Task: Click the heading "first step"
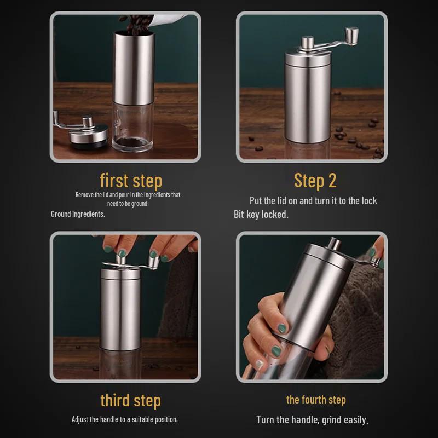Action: point(131,180)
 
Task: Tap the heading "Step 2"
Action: point(315,180)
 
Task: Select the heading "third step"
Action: point(130,400)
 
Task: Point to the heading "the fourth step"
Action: point(316,400)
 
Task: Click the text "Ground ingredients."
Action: point(78,214)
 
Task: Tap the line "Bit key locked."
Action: point(261,215)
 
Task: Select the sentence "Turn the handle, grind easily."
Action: point(312,420)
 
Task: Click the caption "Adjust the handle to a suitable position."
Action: point(125,419)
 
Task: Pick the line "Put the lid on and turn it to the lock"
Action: point(313,201)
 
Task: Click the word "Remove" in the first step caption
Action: point(85,194)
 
